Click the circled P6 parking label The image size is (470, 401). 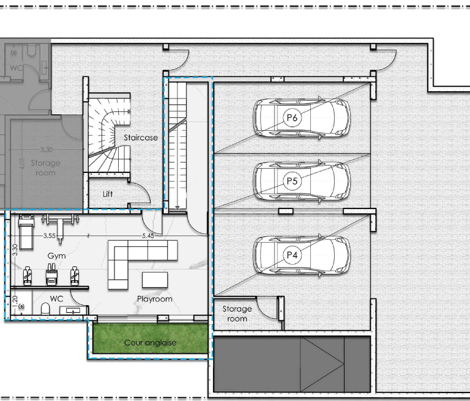coord(292,117)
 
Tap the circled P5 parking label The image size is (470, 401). coord(292,181)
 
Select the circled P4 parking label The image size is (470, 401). coord(292,255)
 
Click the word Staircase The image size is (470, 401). coord(141,138)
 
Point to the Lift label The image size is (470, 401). coord(108,194)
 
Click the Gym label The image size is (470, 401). coord(56,256)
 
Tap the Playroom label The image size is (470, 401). coord(155,299)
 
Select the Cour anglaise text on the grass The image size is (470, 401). coord(150,342)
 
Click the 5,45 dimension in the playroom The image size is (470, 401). coord(148,236)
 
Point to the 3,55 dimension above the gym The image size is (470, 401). coord(50,236)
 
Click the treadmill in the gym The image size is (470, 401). coord(26,232)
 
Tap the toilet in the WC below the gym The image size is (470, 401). coord(45,309)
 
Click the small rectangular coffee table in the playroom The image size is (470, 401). coord(155,280)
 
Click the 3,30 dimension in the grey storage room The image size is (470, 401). coord(47,150)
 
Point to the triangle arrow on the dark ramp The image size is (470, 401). coord(322,364)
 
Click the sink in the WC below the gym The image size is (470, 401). coord(72,311)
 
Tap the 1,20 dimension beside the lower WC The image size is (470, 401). coord(15,300)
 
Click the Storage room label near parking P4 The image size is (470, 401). coord(237,314)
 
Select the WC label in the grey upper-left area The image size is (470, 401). coord(16,68)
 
